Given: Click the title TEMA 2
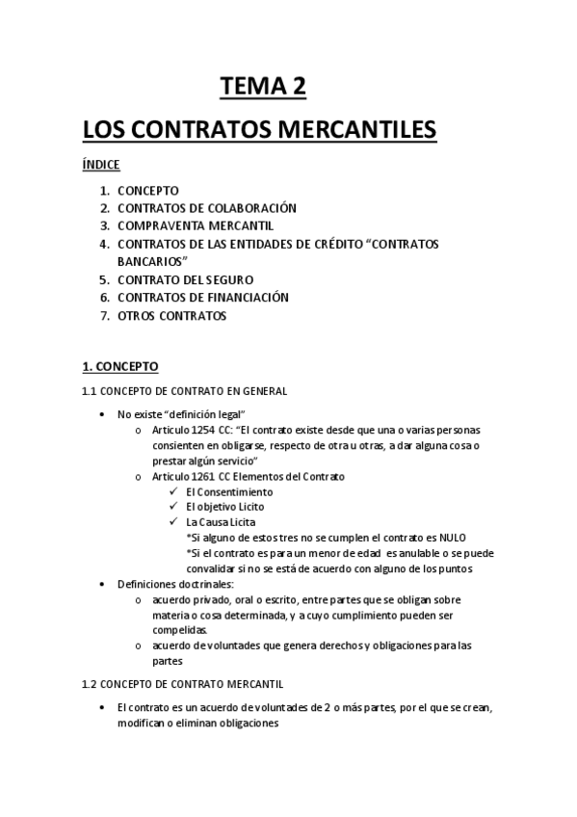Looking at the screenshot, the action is tap(263, 88).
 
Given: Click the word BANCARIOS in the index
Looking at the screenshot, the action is tap(150, 261).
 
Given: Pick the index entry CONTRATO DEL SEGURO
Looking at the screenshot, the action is tap(187, 279).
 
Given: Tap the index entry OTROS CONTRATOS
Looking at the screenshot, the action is tap(171, 315).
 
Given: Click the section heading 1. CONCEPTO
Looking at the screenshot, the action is tap(120, 367).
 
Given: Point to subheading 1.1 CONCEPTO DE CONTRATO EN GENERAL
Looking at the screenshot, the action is tap(184, 391).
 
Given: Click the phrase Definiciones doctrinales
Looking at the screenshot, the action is tap(169, 584).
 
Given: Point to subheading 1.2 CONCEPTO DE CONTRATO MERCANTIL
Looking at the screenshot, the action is tap(182, 684).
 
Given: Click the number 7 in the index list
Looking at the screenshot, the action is tap(104, 315).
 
